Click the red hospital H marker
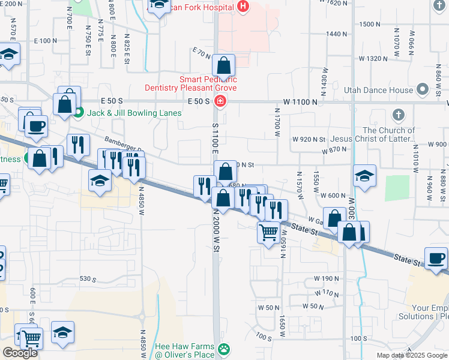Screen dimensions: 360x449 [x=243, y=7]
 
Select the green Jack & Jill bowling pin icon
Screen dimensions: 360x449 [x=79, y=112]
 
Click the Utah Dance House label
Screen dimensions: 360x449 [x=379, y=90]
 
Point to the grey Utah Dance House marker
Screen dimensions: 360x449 [x=423, y=90]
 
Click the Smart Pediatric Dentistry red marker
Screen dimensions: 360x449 [x=220, y=101]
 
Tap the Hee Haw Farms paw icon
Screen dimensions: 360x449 [x=224, y=349]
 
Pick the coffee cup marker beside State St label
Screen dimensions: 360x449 [x=436, y=258]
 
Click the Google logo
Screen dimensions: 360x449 [x=20, y=353]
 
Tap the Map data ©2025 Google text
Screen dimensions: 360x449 [x=412, y=355]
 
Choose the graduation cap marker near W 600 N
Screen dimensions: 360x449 [x=364, y=176]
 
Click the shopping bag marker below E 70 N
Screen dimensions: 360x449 [x=223, y=65]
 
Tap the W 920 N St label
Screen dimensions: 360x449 [x=309, y=139]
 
